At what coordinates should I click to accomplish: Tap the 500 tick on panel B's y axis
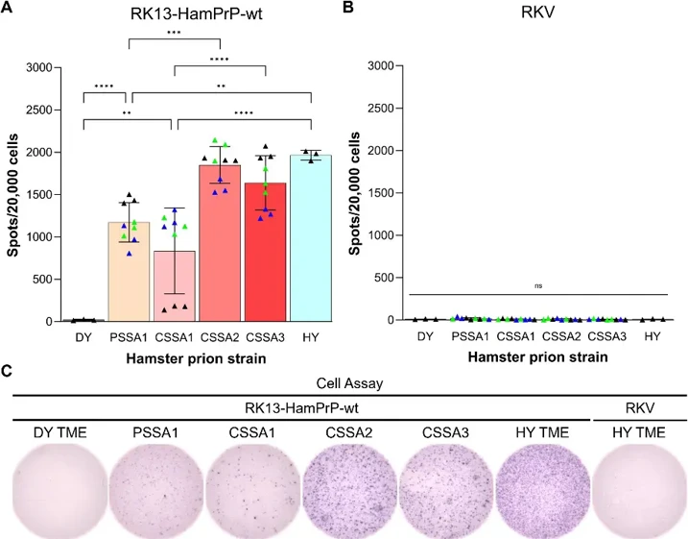[385, 278]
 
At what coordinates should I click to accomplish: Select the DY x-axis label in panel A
[83, 337]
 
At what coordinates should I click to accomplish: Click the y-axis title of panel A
[12, 193]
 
